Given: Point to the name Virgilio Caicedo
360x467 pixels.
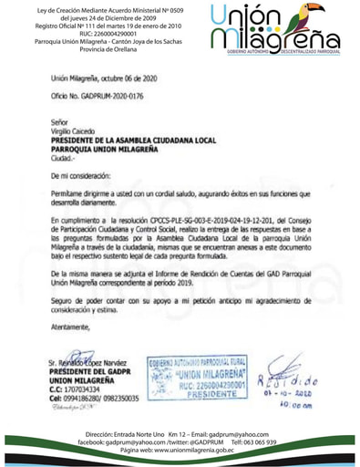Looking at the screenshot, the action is tap(77, 130).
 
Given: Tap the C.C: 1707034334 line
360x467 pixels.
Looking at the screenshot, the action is tap(80, 389).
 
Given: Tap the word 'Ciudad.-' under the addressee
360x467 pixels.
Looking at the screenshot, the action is tap(65, 156).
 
